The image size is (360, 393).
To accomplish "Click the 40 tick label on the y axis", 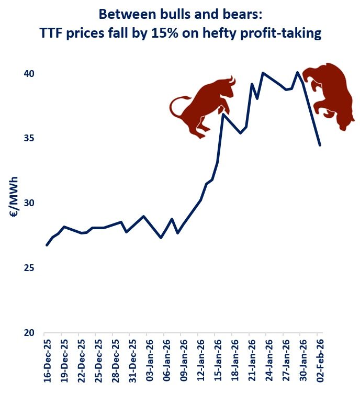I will click(x=28, y=74).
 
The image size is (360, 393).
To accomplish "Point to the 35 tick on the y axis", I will click(x=28, y=139).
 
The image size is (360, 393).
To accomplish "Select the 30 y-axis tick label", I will click(x=28, y=203).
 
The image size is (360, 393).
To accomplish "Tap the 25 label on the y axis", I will click(x=28, y=268).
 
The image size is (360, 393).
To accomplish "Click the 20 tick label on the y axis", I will click(x=28, y=333).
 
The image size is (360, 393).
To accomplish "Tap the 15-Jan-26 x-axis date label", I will click(x=218, y=363).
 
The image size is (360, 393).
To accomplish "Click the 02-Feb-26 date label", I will click(x=320, y=363).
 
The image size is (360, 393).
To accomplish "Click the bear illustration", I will click(x=331, y=94).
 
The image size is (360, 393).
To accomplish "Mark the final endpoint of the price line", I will click(x=320, y=145).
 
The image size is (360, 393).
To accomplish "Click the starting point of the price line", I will click(x=47, y=245).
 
